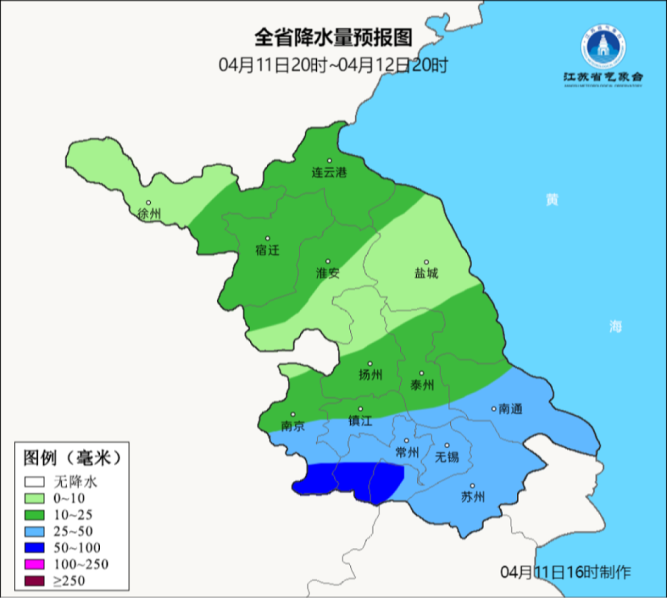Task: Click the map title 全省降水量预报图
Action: (x=333, y=36)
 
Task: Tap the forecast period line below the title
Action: (x=333, y=65)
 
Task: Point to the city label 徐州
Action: (x=149, y=214)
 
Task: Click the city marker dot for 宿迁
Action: (x=267, y=238)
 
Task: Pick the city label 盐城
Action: (x=427, y=274)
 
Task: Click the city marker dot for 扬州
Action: (x=370, y=363)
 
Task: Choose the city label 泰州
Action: (x=422, y=385)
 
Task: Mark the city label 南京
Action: (x=293, y=426)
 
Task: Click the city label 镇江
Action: (x=361, y=422)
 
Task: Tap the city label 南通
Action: (x=510, y=410)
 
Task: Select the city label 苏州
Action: (x=472, y=497)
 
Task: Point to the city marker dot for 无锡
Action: (x=447, y=445)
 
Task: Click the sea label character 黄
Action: (x=552, y=200)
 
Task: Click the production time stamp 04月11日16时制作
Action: (x=566, y=572)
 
